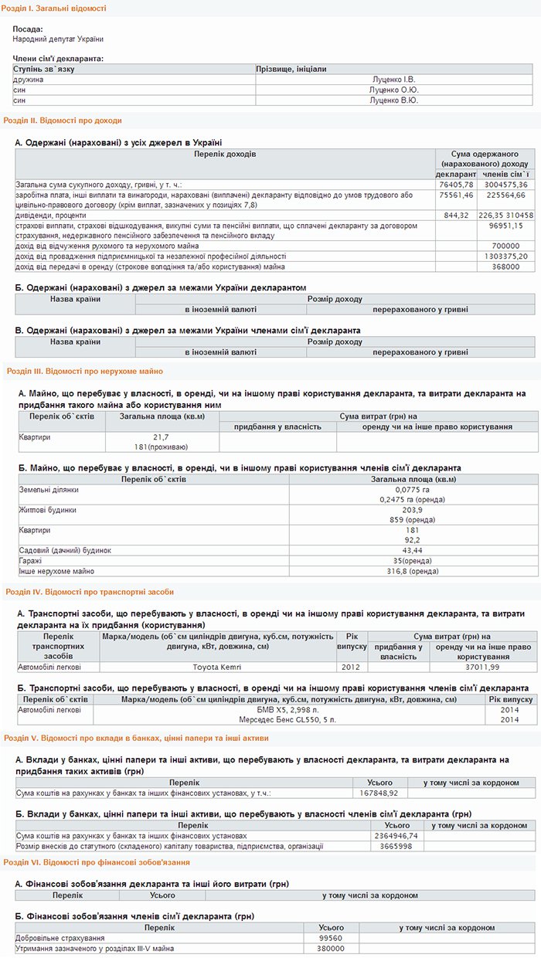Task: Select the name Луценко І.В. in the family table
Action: click(393, 80)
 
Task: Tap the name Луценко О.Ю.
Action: click(393, 90)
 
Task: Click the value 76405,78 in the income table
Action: click(455, 185)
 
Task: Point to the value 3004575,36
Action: click(505, 185)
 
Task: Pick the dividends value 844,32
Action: click(456, 215)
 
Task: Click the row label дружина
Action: click(29, 80)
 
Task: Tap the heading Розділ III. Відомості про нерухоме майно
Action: click(84, 371)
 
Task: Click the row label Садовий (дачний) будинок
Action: click(65, 550)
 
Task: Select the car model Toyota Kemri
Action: click(217, 667)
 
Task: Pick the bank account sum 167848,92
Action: click(379, 793)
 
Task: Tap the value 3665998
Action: click(390, 846)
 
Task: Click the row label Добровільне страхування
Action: click(60, 938)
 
